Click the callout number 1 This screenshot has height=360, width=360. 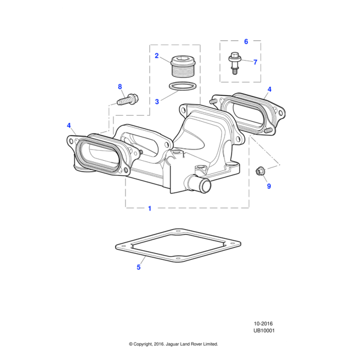[x=149, y=208]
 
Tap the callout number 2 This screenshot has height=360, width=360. [x=157, y=56]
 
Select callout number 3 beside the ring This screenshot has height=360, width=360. [x=157, y=102]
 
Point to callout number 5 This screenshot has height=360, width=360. [x=139, y=267]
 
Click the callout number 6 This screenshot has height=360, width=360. [x=246, y=41]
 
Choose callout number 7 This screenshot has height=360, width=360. [x=255, y=62]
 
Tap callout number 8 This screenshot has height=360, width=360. [x=120, y=87]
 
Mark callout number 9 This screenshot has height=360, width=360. [x=269, y=186]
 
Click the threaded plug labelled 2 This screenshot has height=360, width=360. [x=183, y=66]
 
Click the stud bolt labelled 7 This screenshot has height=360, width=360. [x=235, y=63]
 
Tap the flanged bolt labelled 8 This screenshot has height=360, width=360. [x=128, y=100]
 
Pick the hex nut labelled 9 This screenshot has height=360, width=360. [x=260, y=170]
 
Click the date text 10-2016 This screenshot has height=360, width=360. [x=263, y=324]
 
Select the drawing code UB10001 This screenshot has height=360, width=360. [x=264, y=331]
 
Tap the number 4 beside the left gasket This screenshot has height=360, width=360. [x=69, y=125]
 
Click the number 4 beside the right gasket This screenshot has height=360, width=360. [x=269, y=89]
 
